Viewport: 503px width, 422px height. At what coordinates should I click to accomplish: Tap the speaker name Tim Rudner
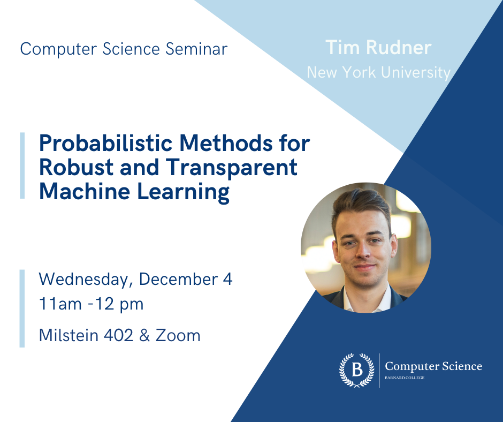[378, 48]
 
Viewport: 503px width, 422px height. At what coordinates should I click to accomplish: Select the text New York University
[378, 72]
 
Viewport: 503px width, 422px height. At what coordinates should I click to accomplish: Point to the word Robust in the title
[74, 168]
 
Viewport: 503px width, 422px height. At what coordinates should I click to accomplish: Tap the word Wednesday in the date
[85, 280]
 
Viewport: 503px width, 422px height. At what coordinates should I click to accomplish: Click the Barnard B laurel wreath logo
[356, 370]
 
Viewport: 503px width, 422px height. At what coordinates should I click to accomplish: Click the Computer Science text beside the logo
[433, 366]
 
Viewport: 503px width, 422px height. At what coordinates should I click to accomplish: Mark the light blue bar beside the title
[22, 166]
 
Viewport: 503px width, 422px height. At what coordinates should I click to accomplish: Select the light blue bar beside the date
[22, 308]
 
